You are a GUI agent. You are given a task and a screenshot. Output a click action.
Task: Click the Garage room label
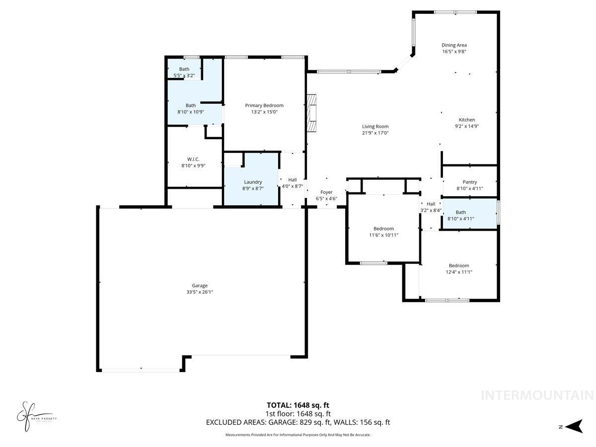point(200,286)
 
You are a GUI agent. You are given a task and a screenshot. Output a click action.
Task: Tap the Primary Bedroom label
point(264,105)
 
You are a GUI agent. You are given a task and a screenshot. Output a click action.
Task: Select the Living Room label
point(375,127)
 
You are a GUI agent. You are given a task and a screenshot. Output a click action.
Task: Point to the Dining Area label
point(454,45)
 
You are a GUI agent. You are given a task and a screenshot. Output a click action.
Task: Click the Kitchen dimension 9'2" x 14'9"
point(467,126)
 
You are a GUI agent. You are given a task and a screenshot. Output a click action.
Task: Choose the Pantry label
point(469,182)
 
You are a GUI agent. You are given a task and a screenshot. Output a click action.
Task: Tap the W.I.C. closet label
point(193,159)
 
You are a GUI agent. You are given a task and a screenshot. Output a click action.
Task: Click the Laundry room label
point(253,182)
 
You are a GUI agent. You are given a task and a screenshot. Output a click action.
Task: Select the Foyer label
point(326,192)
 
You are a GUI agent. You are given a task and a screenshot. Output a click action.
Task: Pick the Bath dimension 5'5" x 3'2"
point(184,75)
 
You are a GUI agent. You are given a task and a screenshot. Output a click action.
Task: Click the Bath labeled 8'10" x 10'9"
point(191,105)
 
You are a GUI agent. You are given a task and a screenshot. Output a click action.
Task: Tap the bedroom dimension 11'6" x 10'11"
point(383,235)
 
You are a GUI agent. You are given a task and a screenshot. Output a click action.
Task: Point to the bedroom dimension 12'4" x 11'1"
point(459,272)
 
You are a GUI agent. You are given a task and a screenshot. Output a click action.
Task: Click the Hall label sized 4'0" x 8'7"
point(293,180)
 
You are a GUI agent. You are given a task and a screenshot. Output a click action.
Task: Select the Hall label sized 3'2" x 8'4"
point(431,204)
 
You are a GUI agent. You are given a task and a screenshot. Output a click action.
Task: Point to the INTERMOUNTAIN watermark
point(537,395)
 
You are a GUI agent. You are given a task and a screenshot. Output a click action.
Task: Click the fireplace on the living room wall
point(311,113)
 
